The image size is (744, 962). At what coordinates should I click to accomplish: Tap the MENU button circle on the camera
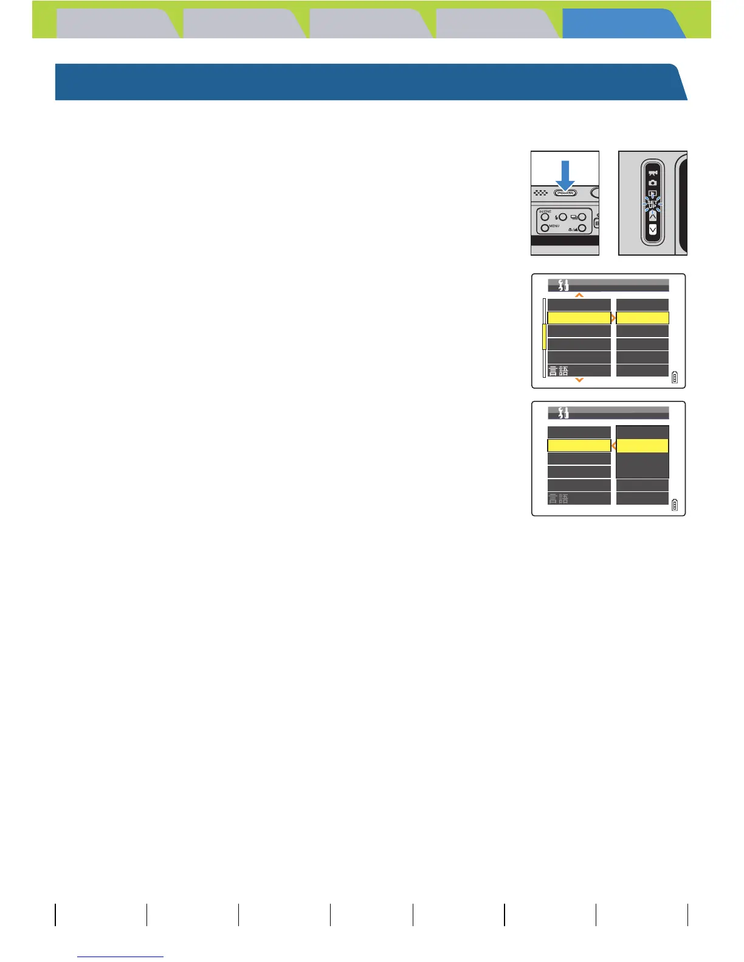pyautogui.click(x=545, y=228)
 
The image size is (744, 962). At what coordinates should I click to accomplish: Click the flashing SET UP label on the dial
pyautogui.click(x=652, y=205)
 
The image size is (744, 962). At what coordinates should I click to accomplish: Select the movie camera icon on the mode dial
pyautogui.click(x=652, y=172)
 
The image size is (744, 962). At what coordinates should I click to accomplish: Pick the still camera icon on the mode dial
pyautogui.click(x=652, y=183)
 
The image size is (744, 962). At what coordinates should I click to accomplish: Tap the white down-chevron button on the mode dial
pyautogui.click(x=652, y=230)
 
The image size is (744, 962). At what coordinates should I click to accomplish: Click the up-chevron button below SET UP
pyautogui.click(x=652, y=216)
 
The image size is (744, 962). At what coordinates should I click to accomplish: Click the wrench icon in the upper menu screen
pyautogui.click(x=563, y=285)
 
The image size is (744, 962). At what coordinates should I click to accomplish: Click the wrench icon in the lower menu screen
pyautogui.click(x=563, y=413)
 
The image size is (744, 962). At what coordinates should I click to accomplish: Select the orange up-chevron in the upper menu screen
pyautogui.click(x=579, y=295)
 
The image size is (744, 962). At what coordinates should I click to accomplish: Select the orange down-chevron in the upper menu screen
pyautogui.click(x=579, y=380)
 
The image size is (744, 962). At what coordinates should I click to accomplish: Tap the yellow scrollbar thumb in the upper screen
pyautogui.click(x=544, y=337)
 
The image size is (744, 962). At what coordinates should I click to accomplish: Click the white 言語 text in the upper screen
pyautogui.click(x=559, y=371)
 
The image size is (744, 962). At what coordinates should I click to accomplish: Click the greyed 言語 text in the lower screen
pyautogui.click(x=559, y=499)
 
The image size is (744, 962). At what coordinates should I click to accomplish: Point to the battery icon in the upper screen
pyautogui.click(x=675, y=378)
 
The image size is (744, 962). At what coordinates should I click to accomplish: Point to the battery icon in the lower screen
pyautogui.click(x=675, y=505)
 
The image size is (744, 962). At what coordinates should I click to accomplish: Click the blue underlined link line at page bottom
pyautogui.click(x=120, y=957)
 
